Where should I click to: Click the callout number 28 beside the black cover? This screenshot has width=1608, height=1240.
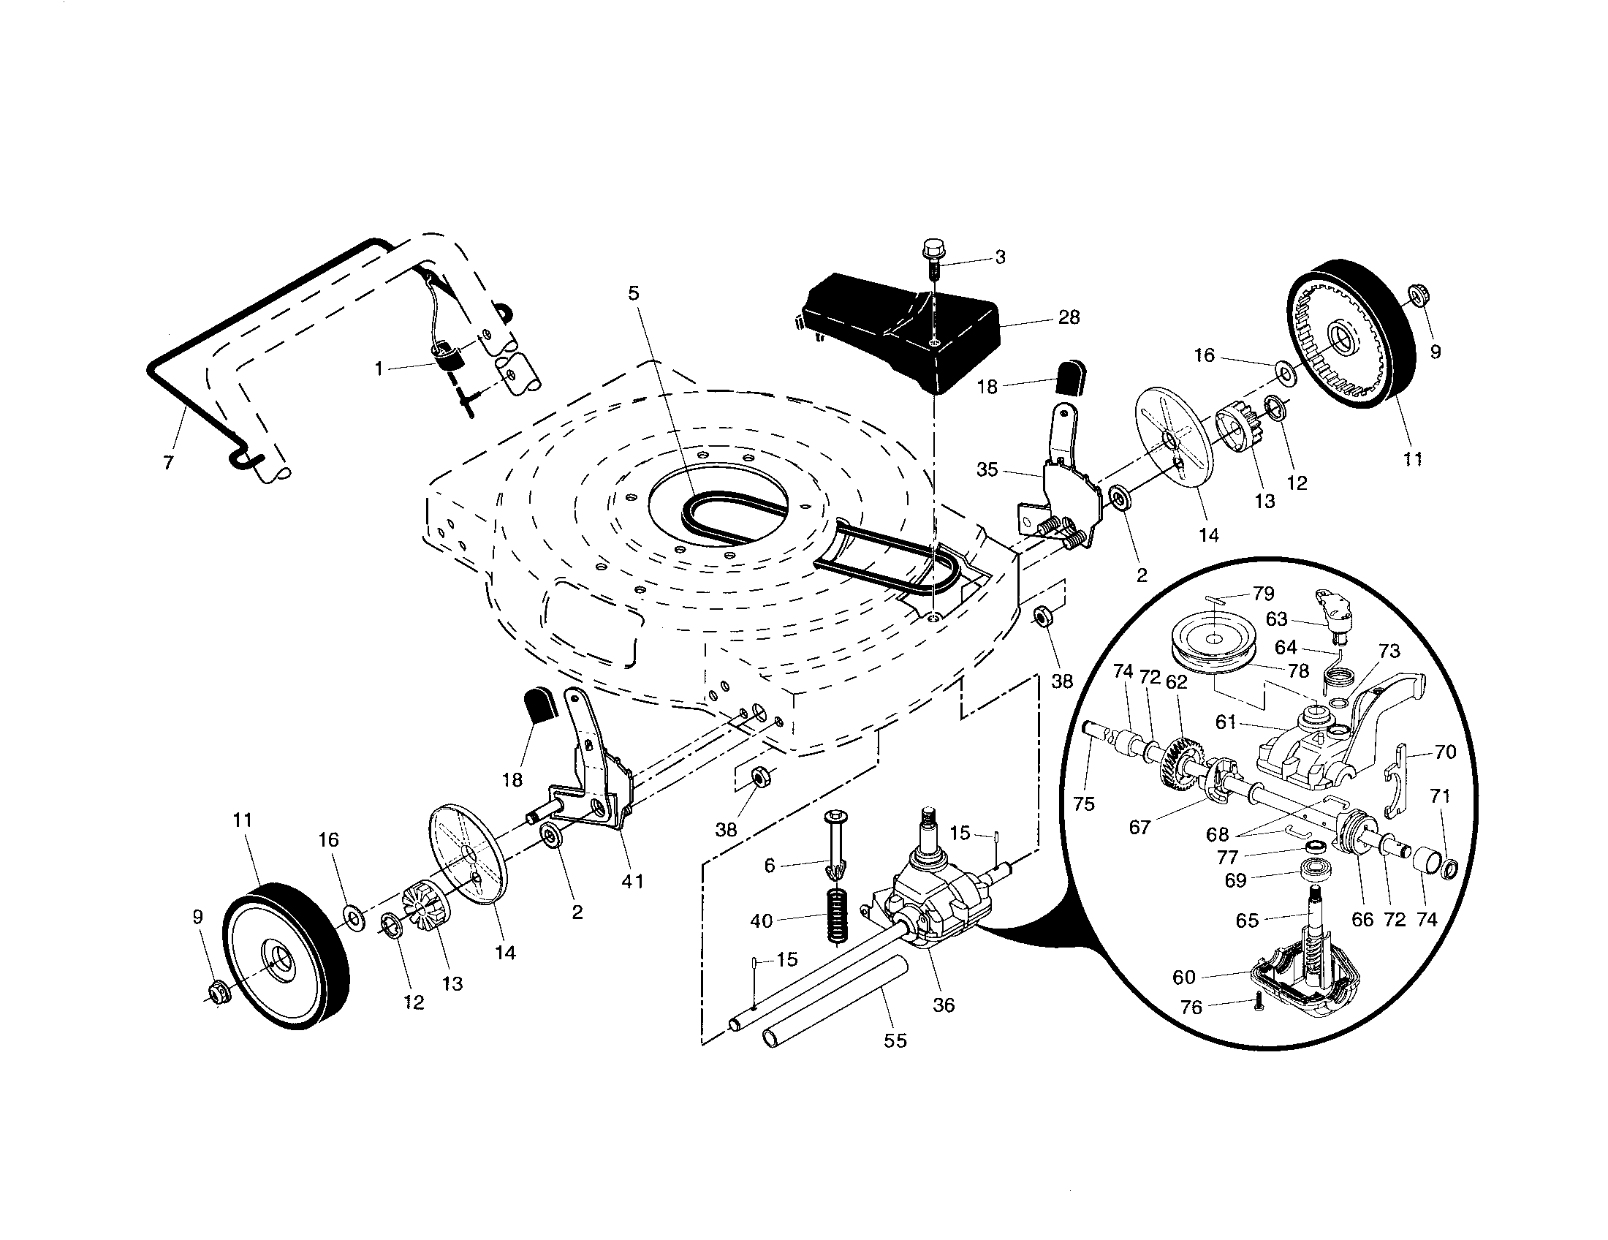point(1069,317)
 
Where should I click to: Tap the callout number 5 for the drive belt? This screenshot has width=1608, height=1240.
point(634,293)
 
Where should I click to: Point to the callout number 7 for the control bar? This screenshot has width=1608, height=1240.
point(169,462)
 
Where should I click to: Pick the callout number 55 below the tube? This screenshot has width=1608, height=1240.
point(895,1040)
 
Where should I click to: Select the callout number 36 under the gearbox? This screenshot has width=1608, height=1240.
point(943,1005)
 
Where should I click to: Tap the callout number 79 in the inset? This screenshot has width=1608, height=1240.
point(1264,593)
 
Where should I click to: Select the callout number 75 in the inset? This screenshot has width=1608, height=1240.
point(1084,804)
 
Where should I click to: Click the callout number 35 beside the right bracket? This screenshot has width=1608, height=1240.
point(987,469)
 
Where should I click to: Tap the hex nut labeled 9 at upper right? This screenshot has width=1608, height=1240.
point(1414,298)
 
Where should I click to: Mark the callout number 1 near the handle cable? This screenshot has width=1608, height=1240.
point(379,368)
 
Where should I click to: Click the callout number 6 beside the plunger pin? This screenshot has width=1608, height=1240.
point(770,865)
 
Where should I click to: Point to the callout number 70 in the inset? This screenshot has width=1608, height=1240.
point(1445,752)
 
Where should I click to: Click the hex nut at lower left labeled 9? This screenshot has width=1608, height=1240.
point(217,994)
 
